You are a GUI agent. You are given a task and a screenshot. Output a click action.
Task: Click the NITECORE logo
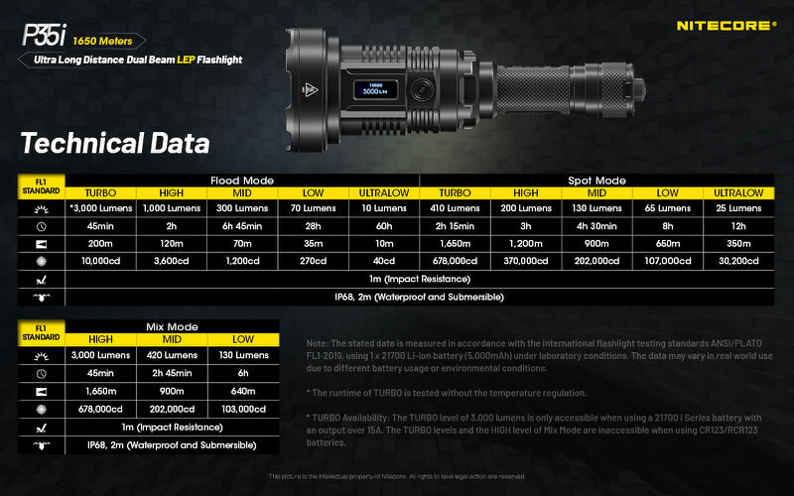726,25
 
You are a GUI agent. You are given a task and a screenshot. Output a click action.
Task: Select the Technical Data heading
115,143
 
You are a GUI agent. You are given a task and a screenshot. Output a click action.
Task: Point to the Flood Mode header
243,181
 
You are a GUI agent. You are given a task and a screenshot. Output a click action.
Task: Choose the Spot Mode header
596,181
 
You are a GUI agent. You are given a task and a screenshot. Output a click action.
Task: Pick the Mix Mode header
172,325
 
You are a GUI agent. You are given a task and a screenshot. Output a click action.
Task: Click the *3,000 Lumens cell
100,208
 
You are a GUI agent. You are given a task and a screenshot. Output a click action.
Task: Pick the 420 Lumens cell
172,354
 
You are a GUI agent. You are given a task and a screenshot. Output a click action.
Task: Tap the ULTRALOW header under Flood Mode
384,192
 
